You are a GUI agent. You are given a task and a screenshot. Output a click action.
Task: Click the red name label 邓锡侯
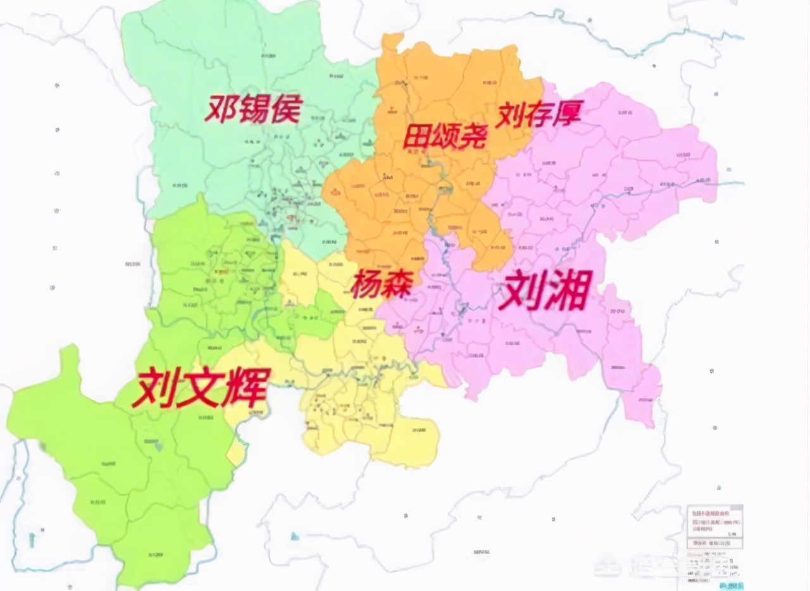(252, 109)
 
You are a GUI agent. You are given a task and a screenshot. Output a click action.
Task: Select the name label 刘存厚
(539, 115)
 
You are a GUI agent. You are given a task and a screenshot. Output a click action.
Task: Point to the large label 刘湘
(544, 290)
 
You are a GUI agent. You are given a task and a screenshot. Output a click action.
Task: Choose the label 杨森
(382, 283)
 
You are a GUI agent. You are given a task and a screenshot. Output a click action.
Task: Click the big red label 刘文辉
(201, 386)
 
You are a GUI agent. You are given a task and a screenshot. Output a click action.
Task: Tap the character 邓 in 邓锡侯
(220, 110)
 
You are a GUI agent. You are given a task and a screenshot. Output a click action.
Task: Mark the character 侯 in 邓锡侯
(284, 109)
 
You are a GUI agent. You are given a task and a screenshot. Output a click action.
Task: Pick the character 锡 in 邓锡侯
(252, 109)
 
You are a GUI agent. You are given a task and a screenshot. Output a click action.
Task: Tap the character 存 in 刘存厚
(539, 115)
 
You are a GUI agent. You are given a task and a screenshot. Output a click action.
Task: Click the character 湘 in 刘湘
(565, 290)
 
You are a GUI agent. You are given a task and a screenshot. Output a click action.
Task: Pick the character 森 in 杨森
(397, 283)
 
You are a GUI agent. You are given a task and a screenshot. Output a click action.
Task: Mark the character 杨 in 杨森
(366, 283)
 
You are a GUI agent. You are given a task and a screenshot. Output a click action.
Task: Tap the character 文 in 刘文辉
(201, 386)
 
